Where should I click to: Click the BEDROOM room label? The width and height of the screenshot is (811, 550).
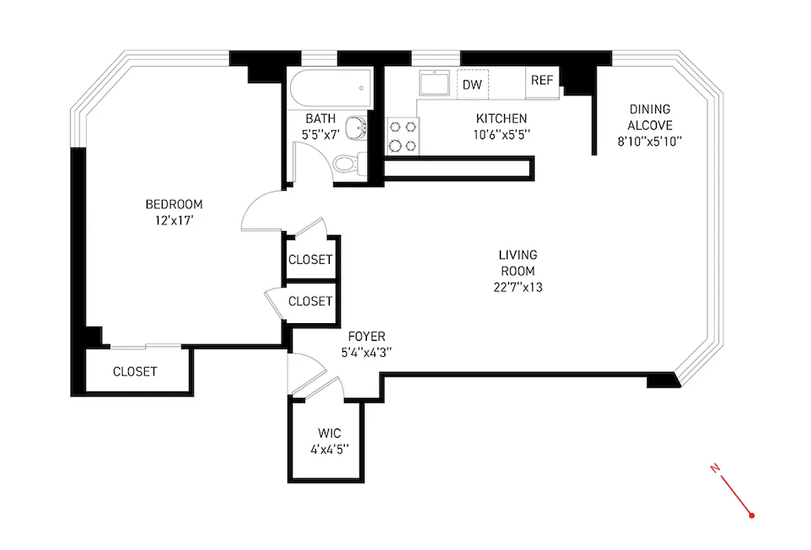point(174,204)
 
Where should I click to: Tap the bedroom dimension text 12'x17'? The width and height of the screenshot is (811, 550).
point(174,221)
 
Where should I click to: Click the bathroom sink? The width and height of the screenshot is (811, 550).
point(355,129)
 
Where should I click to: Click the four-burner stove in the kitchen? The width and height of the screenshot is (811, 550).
point(403,135)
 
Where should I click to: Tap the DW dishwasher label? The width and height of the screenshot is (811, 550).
point(471,85)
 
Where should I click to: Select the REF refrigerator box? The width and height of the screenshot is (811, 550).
point(542,80)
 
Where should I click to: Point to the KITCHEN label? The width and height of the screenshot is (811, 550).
point(502,118)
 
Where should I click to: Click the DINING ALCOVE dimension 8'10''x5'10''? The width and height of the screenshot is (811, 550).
point(649,142)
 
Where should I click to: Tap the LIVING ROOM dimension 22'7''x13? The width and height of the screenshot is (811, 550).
point(518,287)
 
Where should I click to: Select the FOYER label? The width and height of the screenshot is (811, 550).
point(366,336)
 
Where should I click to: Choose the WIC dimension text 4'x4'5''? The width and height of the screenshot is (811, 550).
point(329,450)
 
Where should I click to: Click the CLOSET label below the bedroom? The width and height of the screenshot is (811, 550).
point(135,372)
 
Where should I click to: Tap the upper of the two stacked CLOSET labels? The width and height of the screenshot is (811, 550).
point(310,260)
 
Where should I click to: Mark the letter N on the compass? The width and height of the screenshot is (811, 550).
point(715,469)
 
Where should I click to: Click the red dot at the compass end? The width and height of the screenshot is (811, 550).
point(752,515)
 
